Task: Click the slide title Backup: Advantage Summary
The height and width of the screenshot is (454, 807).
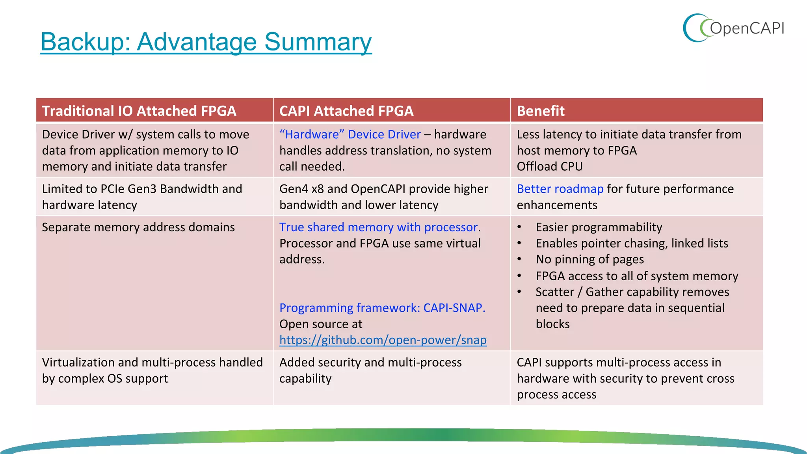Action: (206, 42)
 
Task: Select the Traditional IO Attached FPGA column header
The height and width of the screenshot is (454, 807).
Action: (139, 111)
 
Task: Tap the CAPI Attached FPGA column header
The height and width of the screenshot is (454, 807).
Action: (346, 111)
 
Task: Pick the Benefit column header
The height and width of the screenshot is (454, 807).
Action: (541, 111)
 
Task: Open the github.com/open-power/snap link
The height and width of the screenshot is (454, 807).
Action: (383, 340)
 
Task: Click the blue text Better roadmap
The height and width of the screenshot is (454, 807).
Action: (560, 189)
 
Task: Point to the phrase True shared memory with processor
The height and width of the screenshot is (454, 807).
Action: (378, 227)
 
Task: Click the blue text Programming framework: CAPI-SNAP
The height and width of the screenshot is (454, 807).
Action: (382, 308)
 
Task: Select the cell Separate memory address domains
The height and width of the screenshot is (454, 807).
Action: (138, 227)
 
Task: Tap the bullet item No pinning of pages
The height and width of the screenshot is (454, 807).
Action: (589, 259)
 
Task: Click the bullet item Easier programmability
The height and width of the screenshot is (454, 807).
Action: (599, 227)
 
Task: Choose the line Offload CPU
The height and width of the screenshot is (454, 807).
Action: (550, 166)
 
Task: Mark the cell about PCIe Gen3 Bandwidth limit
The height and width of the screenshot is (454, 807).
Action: (142, 197)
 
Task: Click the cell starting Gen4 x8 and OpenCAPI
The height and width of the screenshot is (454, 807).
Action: (383, 197)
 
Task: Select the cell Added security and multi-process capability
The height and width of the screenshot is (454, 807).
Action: (370, 370)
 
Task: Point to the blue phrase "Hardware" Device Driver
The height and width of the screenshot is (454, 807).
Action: (350, 134)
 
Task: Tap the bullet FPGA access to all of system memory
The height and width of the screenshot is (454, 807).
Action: (636, 276)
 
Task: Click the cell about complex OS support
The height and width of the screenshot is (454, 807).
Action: (152, 370)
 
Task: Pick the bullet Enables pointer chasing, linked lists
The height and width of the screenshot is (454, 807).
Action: (632, 243)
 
